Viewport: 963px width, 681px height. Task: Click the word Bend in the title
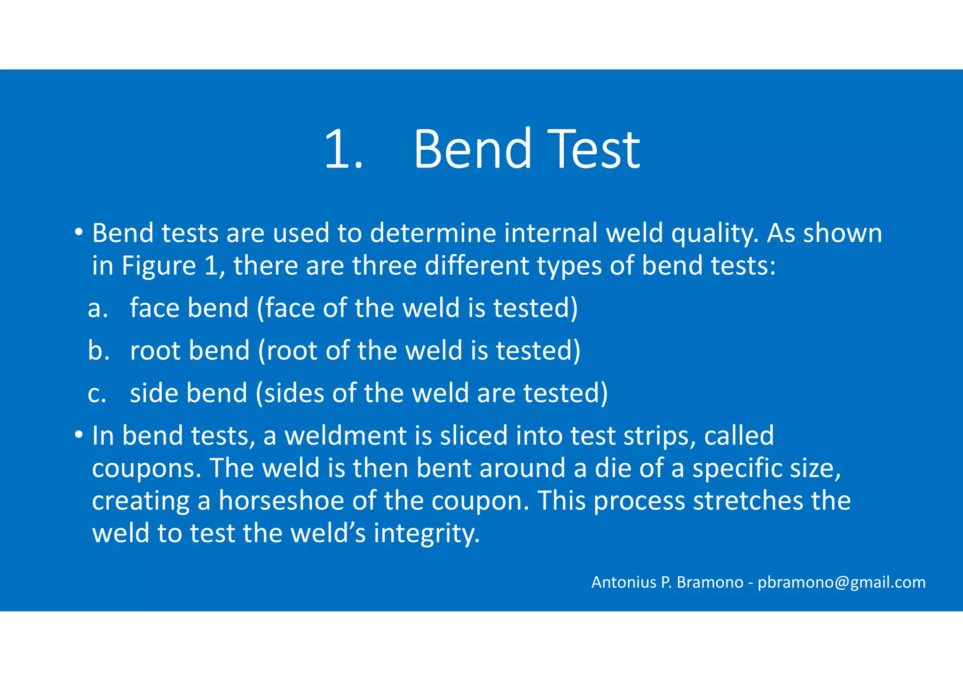click(472, 149)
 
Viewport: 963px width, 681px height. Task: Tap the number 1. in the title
click(343, 149)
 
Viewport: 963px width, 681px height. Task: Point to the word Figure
click(159, 266)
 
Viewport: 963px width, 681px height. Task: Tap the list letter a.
click(98, 309)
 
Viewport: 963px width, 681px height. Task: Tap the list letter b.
click(98, 351)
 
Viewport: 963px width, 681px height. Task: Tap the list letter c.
click(97, 394)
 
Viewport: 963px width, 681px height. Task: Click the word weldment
click(346, 436)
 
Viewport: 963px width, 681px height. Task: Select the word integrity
click(426, 534)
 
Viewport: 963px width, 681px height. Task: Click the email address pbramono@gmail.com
click(841, 582)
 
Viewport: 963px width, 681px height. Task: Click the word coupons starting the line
click(147, 469)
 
